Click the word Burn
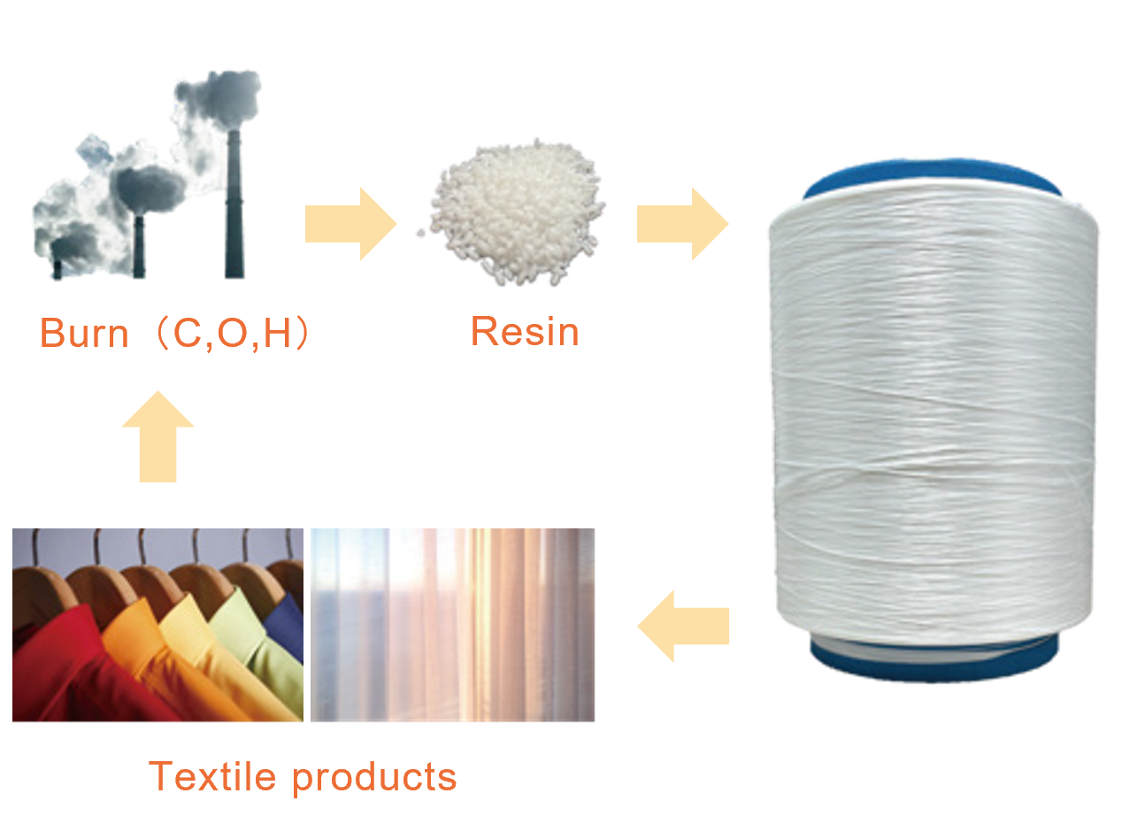tap(84, 334)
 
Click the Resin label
tap(525, 332)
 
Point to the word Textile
tap(213, 776)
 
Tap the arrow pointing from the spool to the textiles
tap(683, 627)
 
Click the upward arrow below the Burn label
tap(157, 441)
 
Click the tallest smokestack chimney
tap(234, 212)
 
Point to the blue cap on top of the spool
tap(933, 175)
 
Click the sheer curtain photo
tap(453, 625)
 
